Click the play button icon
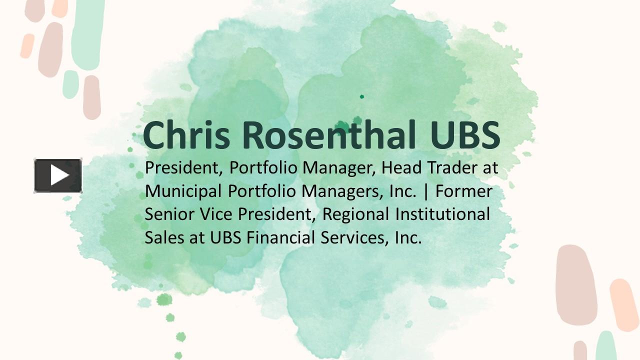(58, 175)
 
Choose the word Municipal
(183, 191)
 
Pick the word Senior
(167, 214)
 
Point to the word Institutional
(443, 214)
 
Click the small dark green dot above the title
(362, 96)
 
